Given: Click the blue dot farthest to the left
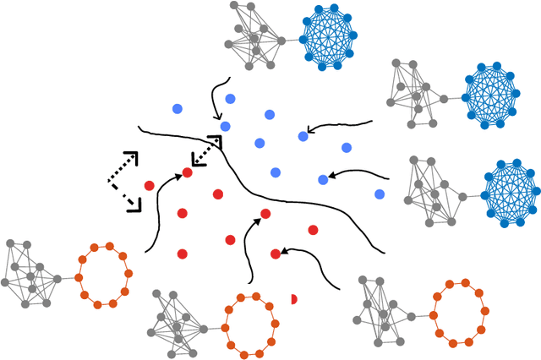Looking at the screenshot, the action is [x=177, y=108].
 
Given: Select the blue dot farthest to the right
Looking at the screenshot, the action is [x=380, y=194].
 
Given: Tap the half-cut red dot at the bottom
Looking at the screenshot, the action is [x=293, y=299].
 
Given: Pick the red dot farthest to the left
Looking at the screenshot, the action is [x=150, y=186].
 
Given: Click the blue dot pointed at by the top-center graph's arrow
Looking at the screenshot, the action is [x=225, y=127].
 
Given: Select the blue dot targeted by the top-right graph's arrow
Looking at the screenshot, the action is [x=303, y=136].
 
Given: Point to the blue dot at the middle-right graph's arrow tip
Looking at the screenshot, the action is [x=323, y=179].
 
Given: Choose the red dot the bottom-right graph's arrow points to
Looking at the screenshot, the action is [x=276, y=254].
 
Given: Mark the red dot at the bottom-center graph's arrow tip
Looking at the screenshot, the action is [x=265, y=214].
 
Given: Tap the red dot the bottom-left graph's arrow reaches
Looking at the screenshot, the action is [x=188, y=173].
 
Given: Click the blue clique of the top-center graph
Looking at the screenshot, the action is [x=329, y=37].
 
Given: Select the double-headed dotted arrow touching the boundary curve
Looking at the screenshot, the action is [x=206, y=150].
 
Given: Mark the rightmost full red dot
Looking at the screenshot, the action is [x=313, y=230].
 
